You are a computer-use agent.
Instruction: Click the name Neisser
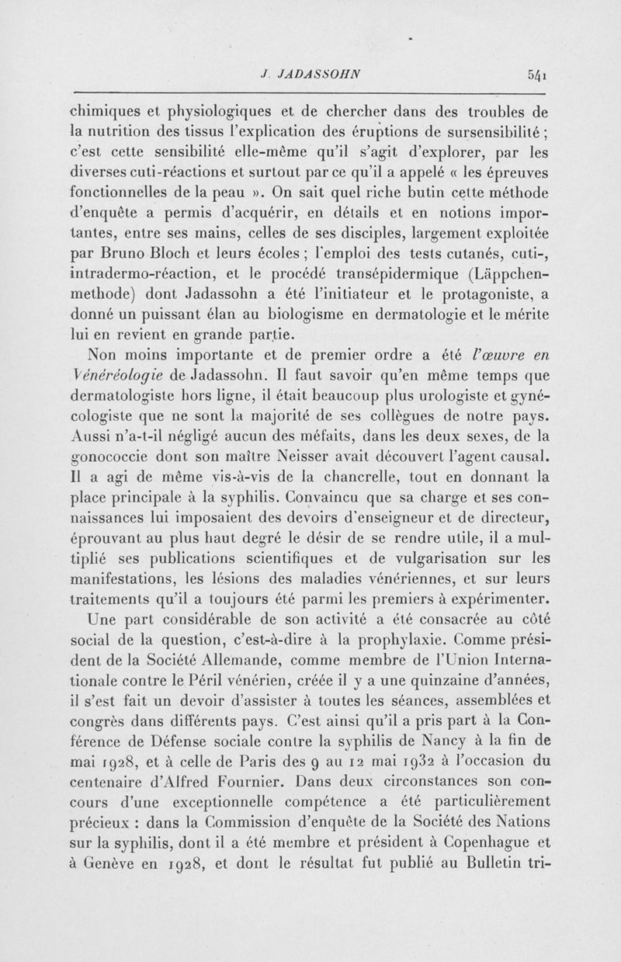[312, 451]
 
